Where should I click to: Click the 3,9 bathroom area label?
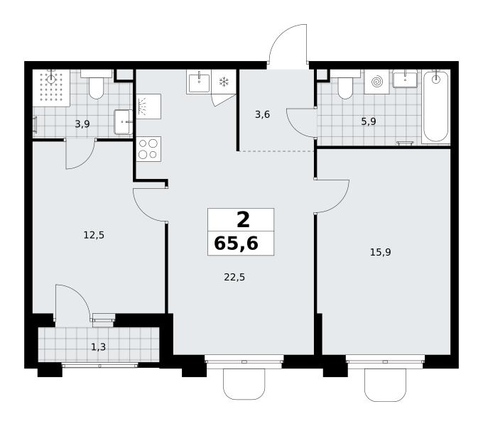[82, 124]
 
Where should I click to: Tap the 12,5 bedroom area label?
[94, 235]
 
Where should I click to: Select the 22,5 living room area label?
[234, 278]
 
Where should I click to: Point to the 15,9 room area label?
[381, 252]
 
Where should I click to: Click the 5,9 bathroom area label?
[369, 121]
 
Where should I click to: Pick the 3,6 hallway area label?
[262, 114]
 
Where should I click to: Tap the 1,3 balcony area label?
[99, 347]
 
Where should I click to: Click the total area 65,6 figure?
[237, 244]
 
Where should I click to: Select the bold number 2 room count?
[243, 220]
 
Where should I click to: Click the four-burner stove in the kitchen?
[148, 149]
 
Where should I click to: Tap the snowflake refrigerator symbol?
[224, 82]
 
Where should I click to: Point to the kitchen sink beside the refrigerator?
[199, 82]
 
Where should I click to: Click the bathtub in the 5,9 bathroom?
[435, 106]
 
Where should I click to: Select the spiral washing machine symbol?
[376, 82]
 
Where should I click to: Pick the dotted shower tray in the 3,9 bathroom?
[51, 88]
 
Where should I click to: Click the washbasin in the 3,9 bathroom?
[123, 122]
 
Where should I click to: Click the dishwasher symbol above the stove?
[148, 106]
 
